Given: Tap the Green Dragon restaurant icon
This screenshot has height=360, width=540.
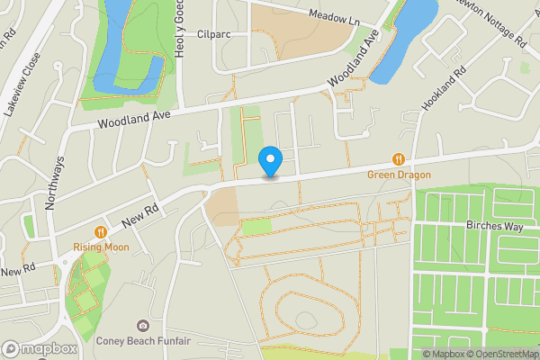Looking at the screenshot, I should [396, 160].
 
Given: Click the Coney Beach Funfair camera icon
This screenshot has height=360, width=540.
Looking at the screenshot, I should [142, 325].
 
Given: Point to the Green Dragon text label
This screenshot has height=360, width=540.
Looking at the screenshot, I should [398, 175].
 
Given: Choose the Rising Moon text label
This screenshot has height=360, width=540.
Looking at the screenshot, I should [101, 247].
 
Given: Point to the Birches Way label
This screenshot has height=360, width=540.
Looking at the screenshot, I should [494, 227].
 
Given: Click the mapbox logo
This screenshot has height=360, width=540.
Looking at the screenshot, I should [40, 348].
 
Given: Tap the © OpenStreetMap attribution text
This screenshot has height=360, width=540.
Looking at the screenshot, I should [505, 354].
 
